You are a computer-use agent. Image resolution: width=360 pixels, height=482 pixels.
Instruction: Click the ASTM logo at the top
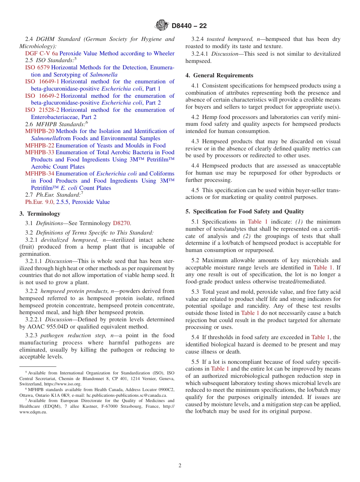tap(162, 26)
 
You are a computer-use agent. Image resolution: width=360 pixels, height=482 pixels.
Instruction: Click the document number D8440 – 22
tap(189, 26)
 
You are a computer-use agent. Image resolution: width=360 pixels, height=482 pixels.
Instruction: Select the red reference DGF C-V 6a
tap(41, 53)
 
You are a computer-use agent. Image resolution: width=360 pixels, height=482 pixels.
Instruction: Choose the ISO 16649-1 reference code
tap(42, 81)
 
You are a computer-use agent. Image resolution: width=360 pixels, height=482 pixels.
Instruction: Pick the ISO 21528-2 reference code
tap(42, 110)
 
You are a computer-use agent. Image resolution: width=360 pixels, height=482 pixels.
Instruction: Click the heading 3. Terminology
tap(40, 214)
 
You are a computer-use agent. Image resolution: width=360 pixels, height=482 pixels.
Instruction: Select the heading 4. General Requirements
tap(219, 75)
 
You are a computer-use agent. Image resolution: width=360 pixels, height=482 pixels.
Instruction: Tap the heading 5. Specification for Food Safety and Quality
tap(245, 211)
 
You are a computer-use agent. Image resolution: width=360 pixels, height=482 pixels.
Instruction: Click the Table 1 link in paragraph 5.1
tap(258, 222)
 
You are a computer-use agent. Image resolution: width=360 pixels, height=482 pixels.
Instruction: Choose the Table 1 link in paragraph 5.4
tap(321, 337)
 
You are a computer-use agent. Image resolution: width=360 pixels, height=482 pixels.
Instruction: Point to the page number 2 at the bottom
tap(180, 466)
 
